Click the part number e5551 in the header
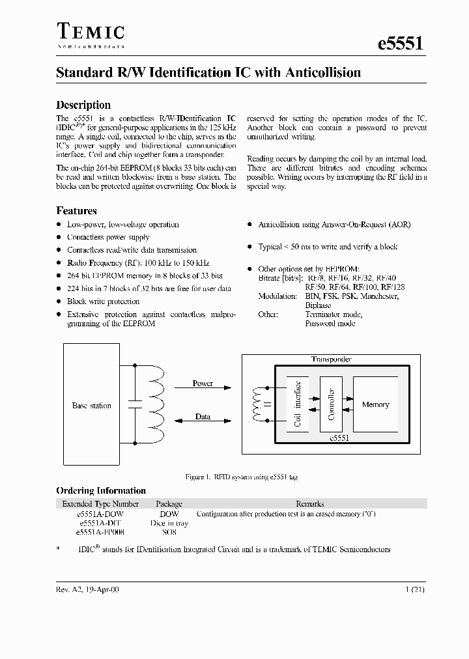tap(401, 43)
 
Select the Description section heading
tap(83, 105)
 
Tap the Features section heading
tap(76, 211)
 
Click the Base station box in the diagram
tap(91, 406)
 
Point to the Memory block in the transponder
tap(375, 404)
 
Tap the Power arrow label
tap(203, 384)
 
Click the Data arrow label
tap(203, 417)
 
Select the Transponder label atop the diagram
tap(331, 359)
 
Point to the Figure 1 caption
tap(242, 477)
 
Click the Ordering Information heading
tap(101, 491)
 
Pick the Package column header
tap(169, 504)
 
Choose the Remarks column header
tap(309, 504)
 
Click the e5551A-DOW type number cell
tap(100, 514)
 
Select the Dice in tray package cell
tap(169, 523)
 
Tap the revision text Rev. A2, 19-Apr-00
tap(87, 589)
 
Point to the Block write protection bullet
tap(103, 301)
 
